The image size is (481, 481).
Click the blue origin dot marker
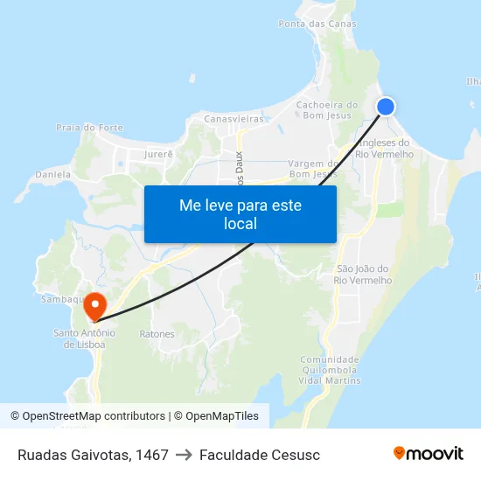386,107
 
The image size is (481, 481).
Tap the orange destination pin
94,305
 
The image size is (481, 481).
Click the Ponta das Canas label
317,24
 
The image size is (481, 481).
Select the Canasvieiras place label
234,118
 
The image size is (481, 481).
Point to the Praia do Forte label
89,128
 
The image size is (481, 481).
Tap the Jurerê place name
158,154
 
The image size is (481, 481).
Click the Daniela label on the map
52,175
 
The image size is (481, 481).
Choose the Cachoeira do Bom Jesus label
328,110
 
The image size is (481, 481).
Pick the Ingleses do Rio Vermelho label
385,148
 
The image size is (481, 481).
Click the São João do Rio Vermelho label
363,274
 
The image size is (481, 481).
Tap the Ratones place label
157,334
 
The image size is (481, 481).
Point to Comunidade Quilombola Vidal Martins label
330,370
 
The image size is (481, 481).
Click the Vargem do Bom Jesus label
313,168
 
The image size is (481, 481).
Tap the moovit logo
429,454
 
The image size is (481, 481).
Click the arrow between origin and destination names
184,455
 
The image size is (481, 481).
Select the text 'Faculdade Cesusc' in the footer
260,455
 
